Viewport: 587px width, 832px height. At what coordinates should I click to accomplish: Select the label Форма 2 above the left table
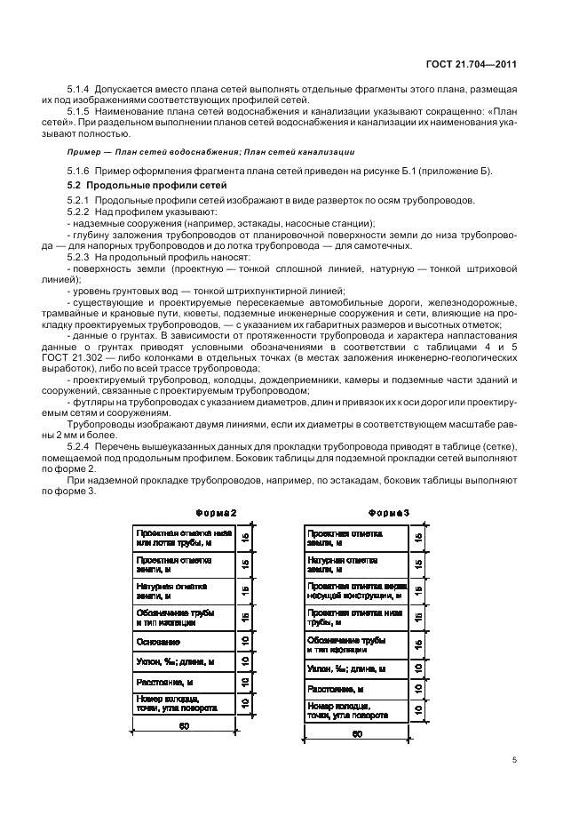215,514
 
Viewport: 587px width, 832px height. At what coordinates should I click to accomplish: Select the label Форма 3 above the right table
388,514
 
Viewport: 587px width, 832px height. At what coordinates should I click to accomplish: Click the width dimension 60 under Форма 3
356,734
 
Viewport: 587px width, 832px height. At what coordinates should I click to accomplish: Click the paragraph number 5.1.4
80,92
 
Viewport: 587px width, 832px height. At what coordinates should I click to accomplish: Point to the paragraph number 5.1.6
80,170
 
